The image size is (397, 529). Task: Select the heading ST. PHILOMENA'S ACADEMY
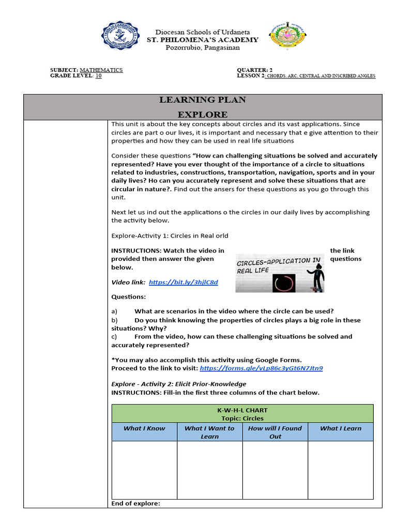tap(203, 40)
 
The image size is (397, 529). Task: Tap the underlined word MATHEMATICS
tap(101, 70)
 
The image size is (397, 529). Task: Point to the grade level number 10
tap(99, 75)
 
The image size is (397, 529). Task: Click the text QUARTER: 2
tap(254, 70)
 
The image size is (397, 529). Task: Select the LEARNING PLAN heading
tap(203, 100)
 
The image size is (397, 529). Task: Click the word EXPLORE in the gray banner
tap(203, 114)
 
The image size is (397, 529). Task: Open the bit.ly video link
tap(183, 282)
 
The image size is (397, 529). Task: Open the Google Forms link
tap(261, 368)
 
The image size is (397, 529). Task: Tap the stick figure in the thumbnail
tap(316, 276)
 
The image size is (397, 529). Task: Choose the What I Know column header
tap(144, 428)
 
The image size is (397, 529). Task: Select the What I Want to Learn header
tap(209, 432)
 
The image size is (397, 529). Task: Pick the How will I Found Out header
tap(275, 432)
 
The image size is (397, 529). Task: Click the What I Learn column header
tap(341, 428)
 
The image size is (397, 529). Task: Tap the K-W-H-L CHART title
tap(242, 410)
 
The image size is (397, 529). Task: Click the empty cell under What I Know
tap(144, 470)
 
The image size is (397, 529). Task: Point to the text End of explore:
tap(136, 503)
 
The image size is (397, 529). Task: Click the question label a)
tap(114, 311)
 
